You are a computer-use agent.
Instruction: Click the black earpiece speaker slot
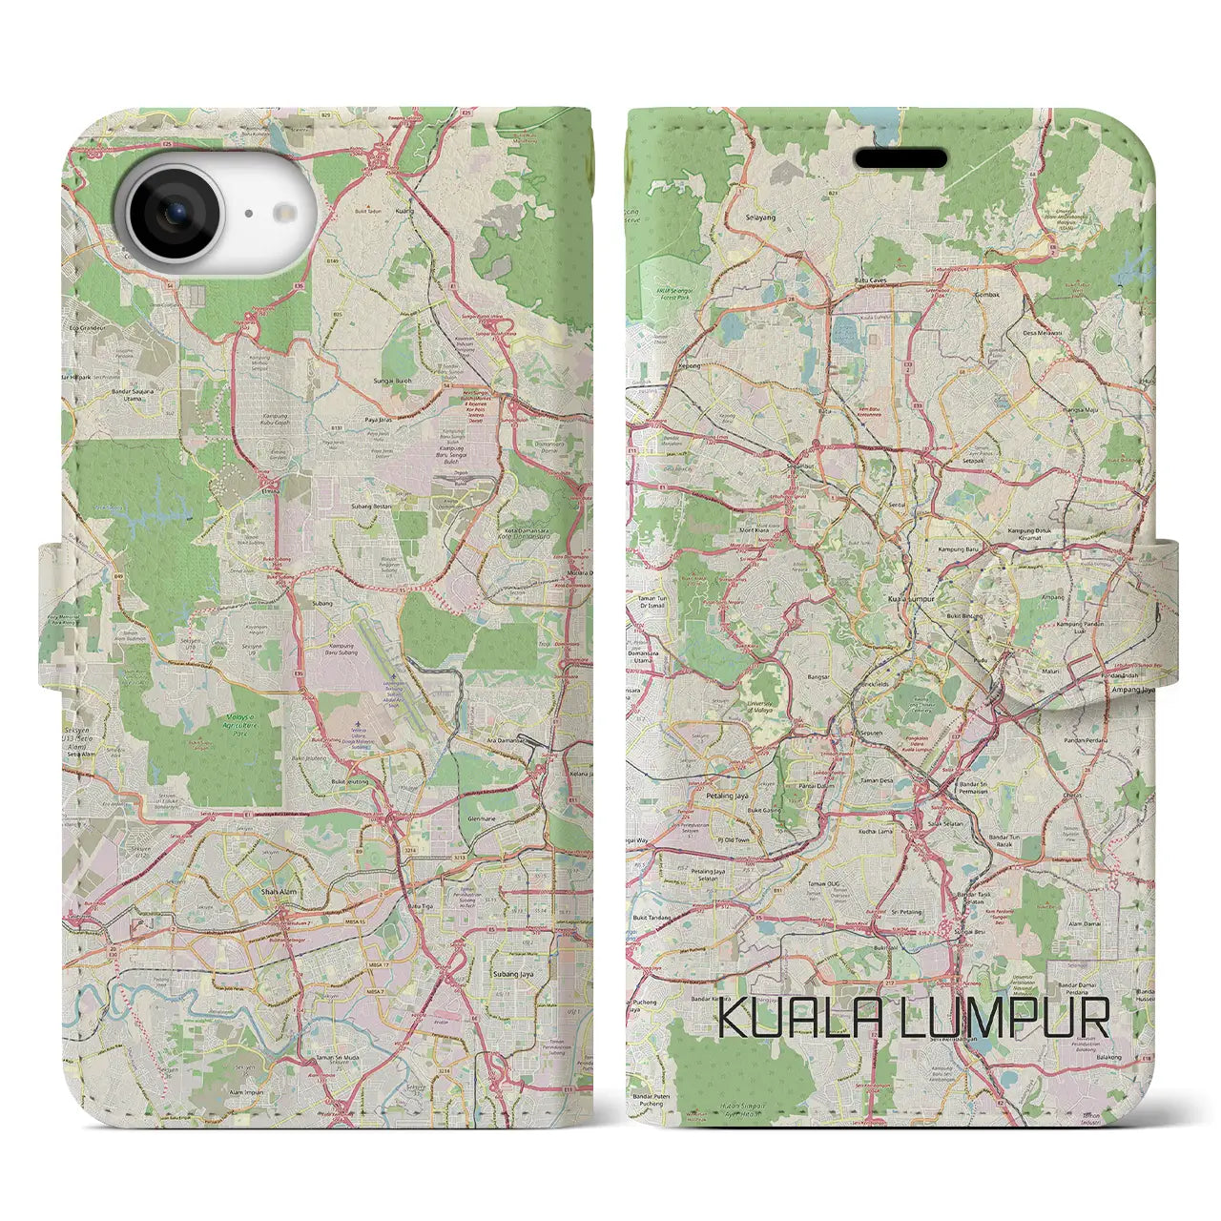(x=900, y=158)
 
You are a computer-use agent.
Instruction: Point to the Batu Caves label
(x=869, y=280)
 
